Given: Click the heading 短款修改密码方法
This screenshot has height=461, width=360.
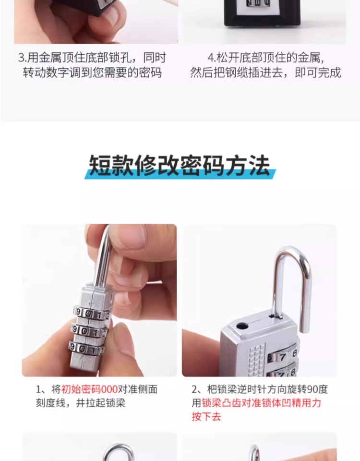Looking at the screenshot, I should [x=180, y=166].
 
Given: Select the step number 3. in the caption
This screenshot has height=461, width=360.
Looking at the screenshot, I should [x=22, y=58].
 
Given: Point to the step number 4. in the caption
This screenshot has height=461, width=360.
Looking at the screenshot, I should [x=212, y=58].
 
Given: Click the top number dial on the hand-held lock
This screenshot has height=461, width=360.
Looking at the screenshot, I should [x=91, y=313].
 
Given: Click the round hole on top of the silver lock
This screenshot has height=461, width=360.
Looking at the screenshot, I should [x=243, y=326].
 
